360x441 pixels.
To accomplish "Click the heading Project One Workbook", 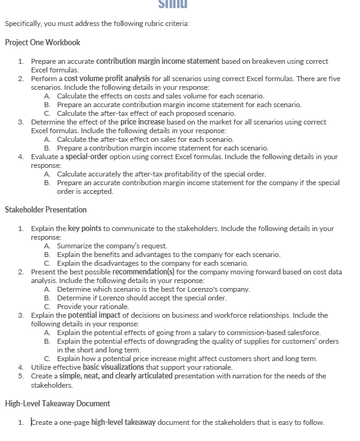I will click(x=42, y=43).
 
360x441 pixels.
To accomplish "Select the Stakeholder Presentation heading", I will click(x=46, y=210).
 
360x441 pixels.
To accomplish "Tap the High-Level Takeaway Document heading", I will click(x=57, y=404).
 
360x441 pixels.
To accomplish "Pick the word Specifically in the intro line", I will click(x=22, y=24).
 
